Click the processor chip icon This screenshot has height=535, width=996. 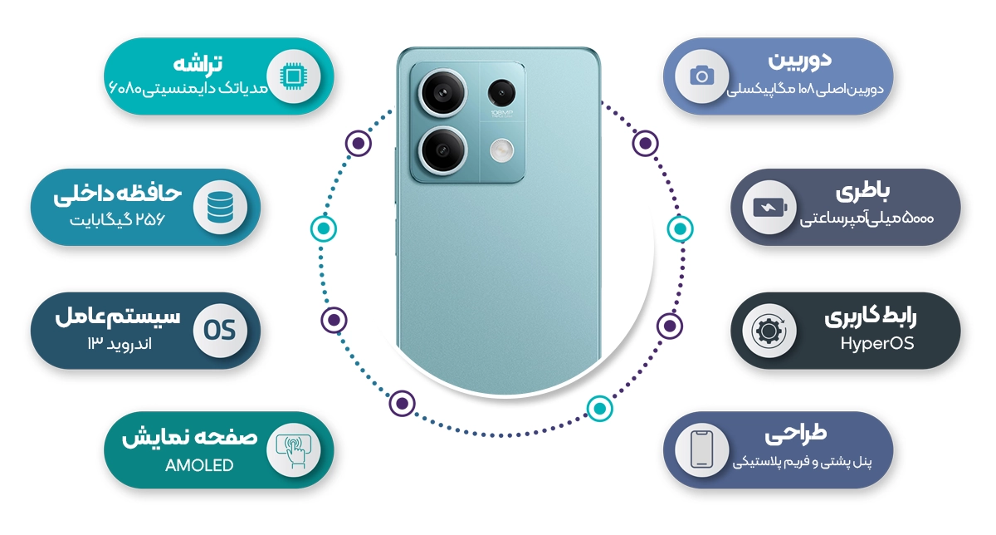click(293, 76)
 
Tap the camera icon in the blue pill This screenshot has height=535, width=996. click(702, 76)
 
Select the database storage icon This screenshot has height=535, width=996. click(220, 207)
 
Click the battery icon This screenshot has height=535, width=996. click(769, 208)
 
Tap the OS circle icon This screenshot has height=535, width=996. click(220, 331)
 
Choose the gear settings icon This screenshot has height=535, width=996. click(769, 331)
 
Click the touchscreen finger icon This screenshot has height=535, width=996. click(294, 450)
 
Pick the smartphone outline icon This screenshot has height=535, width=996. click(702, 449)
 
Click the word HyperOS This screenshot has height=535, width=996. click(877, 344)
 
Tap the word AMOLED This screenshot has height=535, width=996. click(199, 465)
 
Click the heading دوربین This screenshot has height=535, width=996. click(799, 61)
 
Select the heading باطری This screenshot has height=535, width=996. click(862, 192)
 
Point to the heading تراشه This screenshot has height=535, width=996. click(198, 64)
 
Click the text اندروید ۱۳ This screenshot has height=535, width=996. click(120, 344)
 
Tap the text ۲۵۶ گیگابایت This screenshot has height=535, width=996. click(117, 219)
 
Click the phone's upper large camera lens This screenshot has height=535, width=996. click(442, 93)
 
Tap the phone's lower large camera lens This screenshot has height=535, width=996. click(442, 150)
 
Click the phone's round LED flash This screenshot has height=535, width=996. click(502, 150)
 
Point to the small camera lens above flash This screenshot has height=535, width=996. click(501, 92)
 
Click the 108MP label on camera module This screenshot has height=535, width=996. click(501, 113)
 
